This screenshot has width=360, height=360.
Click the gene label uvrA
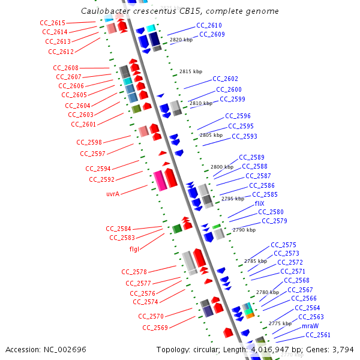tap(113, 194)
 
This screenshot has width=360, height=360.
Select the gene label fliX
tap(259, 203)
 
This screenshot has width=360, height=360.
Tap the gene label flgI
tap(135, 249)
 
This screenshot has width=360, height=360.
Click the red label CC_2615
tap(53, 22)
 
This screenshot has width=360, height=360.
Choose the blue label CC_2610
tap(209, 26)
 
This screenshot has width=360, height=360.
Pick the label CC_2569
tap(155, 328)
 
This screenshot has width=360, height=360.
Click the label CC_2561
tap(317, 335)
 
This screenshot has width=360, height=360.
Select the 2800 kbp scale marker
tap(222, 167)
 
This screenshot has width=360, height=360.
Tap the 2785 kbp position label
tap(256, 261)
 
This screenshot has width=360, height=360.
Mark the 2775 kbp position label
tap(280, 323)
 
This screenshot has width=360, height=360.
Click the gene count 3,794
tap(343, 350)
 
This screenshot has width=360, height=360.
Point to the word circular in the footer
tap(206, 350)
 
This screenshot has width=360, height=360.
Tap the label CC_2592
tap(101, 179)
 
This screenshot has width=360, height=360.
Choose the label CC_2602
tap(225, 79)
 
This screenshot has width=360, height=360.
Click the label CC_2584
tap(118, 229)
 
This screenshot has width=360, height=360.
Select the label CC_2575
tap(283, 245)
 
